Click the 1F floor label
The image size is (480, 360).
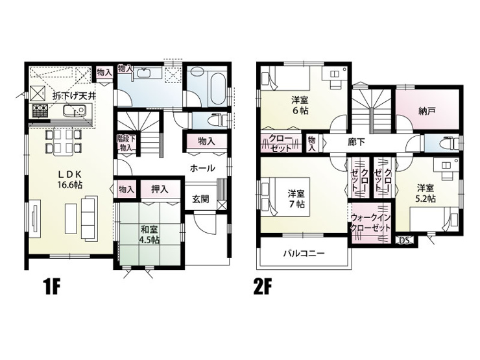click(x=52, y=286)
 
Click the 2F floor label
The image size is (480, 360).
click(x=263, y=286)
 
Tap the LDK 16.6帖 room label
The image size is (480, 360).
click(x=70, y=180)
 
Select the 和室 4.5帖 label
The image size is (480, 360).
click(x=149, y=234)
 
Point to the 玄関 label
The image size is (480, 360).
click(x=200, y=199)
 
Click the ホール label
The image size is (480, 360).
click(x=202, y=168)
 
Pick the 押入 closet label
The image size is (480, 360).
click(x=160, y=189)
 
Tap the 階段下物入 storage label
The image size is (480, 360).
click(x=126, y=143)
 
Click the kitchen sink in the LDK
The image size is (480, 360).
click(x=73, y=110)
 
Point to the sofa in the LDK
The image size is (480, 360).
click(x=90, y=218)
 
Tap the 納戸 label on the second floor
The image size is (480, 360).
click(x=427, y=112)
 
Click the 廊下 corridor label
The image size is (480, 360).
click(x=356, y=142)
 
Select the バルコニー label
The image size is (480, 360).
click(x=304, y=254)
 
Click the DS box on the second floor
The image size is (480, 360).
click(x=405, y=240)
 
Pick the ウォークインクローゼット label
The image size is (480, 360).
click(x=370, y=223)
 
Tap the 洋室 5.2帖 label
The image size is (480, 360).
click(x=426, y=193)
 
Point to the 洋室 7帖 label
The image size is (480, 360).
click(x=296, y=199)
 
